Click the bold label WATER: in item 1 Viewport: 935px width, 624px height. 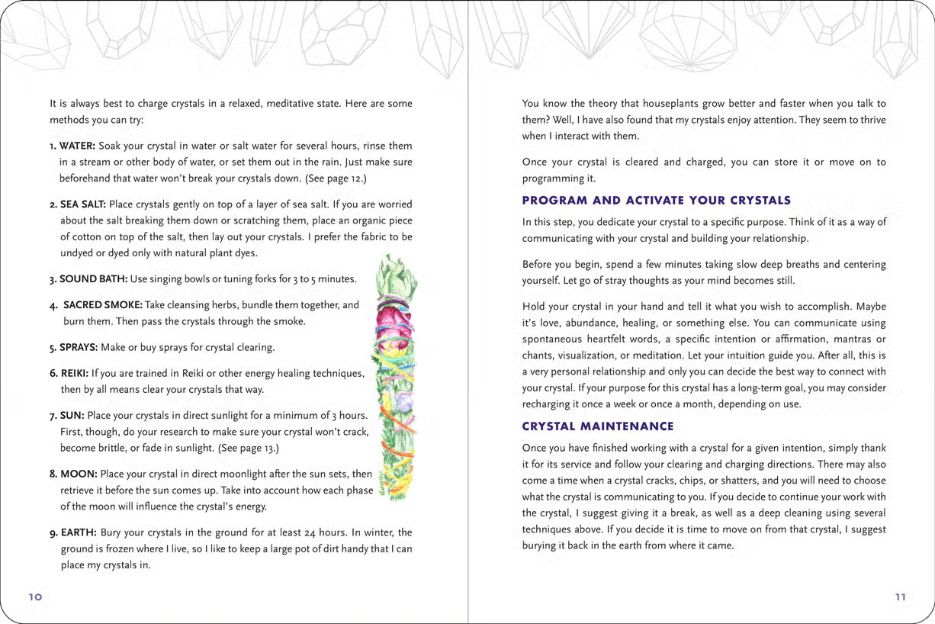(x=76, y=146)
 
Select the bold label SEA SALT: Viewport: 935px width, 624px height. (x=83, y=204)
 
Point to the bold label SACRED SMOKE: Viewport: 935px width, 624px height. (x=103, y=305)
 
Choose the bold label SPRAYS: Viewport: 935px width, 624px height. (x=79, y=347)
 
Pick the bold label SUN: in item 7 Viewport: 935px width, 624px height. (x=72, y=416)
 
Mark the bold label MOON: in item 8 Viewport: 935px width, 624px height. (x=78, y=474)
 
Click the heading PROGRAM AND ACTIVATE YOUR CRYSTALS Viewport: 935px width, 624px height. (x=656, y=201)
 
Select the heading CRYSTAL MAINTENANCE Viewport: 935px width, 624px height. (x=598, y=426)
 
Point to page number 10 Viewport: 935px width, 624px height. (x=35, y=597)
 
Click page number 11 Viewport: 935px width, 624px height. (x=900, y=597)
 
